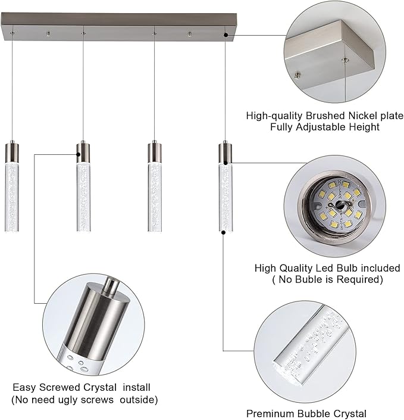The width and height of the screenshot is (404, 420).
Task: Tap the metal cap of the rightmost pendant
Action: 225,152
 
